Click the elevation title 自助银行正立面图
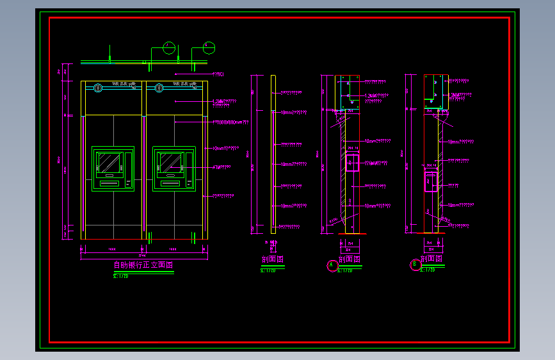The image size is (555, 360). point(143,265)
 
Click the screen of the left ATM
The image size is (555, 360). point(109,161)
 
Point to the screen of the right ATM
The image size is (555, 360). point(170,161)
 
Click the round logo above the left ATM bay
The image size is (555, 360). point(98,88)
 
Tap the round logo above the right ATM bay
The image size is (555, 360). point(159,88)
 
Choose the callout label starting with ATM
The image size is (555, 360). point(221,167)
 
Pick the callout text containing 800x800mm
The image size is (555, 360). point(227,122)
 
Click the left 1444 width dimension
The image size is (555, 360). point(112,249)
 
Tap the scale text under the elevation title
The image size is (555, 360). point(121,276)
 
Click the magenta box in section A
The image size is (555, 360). point(352,162)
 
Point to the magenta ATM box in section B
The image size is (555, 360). point(431,181)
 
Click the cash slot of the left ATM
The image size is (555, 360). point(109,183)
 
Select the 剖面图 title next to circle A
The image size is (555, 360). point(348,259)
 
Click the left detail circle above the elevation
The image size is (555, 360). point(169,47)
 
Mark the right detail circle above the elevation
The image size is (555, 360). point(209,47)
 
